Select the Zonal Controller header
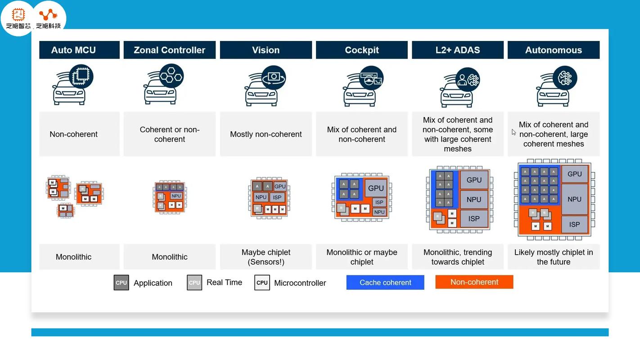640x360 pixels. coord(170,50)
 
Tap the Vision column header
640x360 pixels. coord(266,50)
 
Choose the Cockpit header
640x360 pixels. coord(362,50)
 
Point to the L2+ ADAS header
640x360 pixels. coord(458,50)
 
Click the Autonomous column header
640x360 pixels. coord(554,50)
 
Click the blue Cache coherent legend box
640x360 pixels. coord(385,283)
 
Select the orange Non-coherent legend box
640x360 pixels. coord(474,282)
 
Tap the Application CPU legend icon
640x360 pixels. coord(122,283)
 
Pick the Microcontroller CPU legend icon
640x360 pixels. coord(262,283)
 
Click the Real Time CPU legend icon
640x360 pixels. coord(194,283)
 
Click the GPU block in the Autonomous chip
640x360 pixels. coord(575,174)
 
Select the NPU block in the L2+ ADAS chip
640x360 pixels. coord(474,199)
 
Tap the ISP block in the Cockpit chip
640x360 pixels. coord(379,202)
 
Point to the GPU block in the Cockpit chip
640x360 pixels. coord(376,188)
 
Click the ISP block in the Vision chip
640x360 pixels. coord(277,197)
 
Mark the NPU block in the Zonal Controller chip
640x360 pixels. coord(176,196)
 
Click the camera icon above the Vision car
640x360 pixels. coord(274,77)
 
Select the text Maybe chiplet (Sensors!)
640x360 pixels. coord(266,257)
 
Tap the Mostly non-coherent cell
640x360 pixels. coord(266,134)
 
